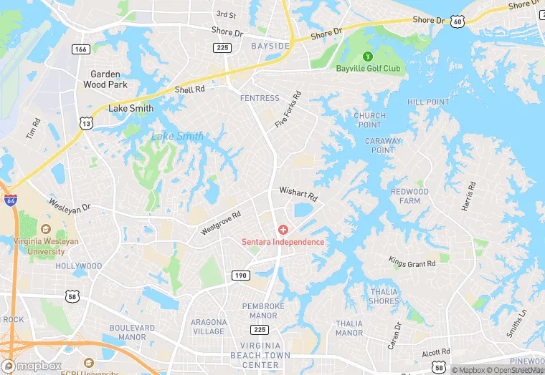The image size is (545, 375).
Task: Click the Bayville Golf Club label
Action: [x=369, y=69]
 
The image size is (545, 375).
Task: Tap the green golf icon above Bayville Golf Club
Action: [x=369, y=56]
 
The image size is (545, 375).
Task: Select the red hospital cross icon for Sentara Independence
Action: [x=283, y=230]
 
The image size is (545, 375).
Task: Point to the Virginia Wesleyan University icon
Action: [x=46, y=229]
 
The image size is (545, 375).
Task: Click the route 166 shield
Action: [x=80, y=49]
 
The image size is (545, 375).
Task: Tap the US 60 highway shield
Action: [x=458, y=22]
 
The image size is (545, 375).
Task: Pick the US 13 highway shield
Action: [x=87, y=123]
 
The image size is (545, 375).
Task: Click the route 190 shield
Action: [x=240, y=275]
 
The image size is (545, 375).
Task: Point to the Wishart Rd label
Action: [x=298, y=193]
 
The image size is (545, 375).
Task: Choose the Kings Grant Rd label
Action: [x=412, y=263]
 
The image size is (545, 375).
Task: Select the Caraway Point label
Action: [x=383, y=145]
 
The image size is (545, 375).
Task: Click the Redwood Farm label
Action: [x=409, y=196]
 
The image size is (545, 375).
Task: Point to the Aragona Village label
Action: [x=209, y=326]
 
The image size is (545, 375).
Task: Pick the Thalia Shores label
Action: [x=384, y=296]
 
